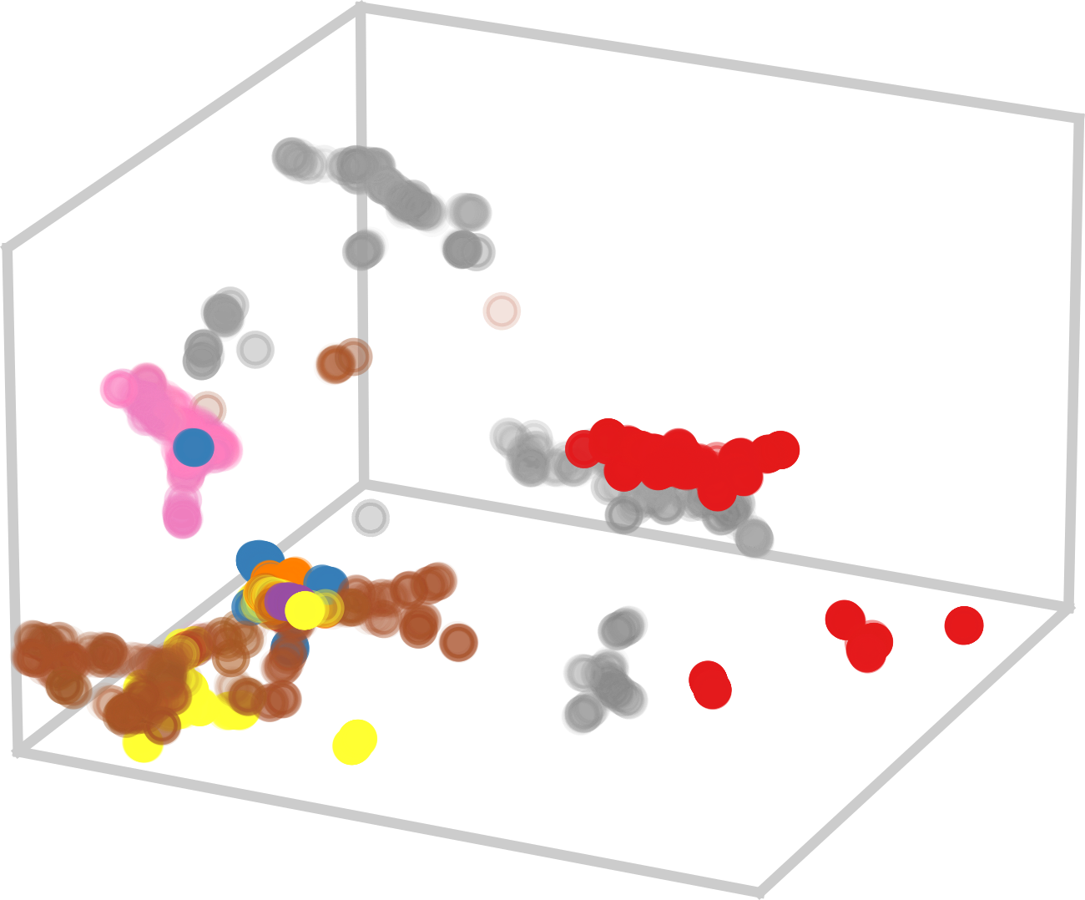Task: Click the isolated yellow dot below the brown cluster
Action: coord(355,741)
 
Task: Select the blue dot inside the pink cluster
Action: coord(194,446)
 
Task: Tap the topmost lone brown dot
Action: coord(502,311)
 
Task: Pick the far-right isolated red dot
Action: coord(964,625)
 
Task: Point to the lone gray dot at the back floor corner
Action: coord(370,518)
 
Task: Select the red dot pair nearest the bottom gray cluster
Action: coord(710,683)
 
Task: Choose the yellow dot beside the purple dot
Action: coord(303,610)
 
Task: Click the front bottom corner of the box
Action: coord(760,890)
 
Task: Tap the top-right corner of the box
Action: coord(1077,119)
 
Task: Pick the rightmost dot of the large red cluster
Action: coord(781,450)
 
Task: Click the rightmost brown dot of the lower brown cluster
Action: coord(458,641)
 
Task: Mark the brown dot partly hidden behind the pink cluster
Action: coord(209,407)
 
